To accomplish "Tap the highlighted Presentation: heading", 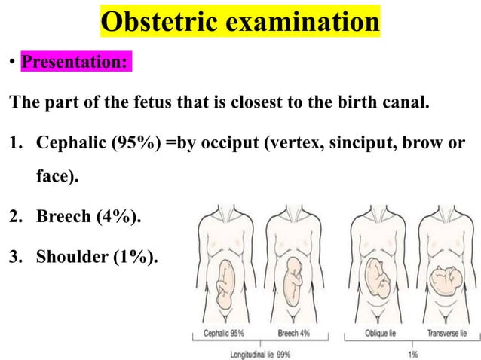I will point(74,61).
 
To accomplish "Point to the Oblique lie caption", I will point(377,332).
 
